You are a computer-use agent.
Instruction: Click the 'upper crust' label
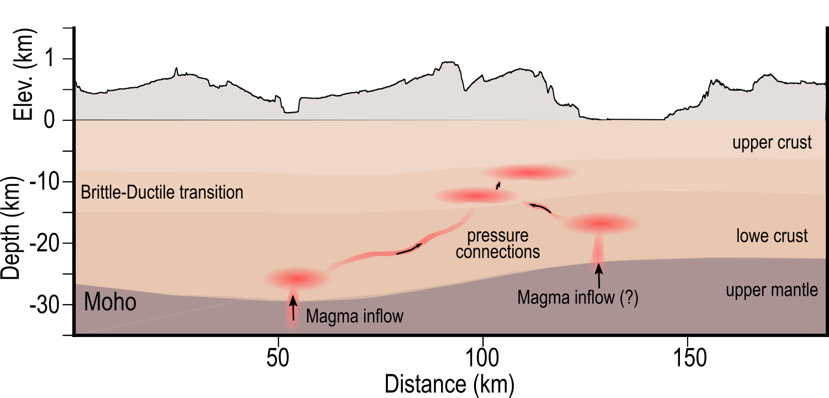772,142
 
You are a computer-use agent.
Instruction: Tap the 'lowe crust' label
772,236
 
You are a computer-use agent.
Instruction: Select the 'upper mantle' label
772,290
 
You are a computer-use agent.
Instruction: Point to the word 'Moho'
110,302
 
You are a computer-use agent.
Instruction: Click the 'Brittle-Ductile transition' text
162,193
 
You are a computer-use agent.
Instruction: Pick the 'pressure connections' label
497,244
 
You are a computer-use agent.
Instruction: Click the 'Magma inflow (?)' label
578,298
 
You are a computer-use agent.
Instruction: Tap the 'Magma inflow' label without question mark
354,316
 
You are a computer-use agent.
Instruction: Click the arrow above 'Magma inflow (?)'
598,275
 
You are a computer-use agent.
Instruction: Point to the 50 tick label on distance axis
278,358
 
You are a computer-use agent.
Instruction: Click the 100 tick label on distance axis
482,358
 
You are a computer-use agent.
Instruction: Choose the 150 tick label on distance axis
690,358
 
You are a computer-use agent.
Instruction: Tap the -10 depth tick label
45,181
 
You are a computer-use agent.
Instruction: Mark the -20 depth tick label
45,243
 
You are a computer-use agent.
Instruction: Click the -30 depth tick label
45,305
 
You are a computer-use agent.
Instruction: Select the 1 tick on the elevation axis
49,58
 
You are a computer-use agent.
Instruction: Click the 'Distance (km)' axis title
449,385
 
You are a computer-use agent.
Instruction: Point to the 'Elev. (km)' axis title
23,74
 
